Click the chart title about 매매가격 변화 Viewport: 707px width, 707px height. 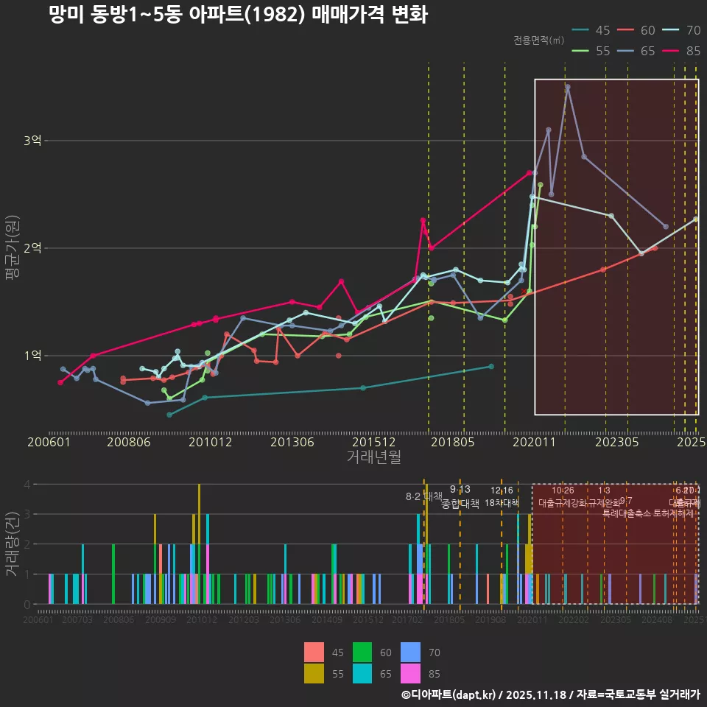(237, 15)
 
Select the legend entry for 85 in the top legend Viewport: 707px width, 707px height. (682, 51)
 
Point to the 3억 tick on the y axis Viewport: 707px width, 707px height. (32, 141)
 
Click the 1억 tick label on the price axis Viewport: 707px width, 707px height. (32, 356)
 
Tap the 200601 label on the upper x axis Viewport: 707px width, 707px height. (49, 443)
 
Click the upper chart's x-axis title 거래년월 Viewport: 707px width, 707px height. (373, 457)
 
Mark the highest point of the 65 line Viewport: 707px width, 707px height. (567, 87)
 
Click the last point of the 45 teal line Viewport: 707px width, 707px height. (491, 366)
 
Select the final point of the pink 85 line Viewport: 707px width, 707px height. (530, 173)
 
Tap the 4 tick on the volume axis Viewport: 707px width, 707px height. (27, 485)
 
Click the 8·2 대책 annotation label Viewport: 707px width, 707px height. (424, 496)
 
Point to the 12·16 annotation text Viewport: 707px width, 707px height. (502, 490)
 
